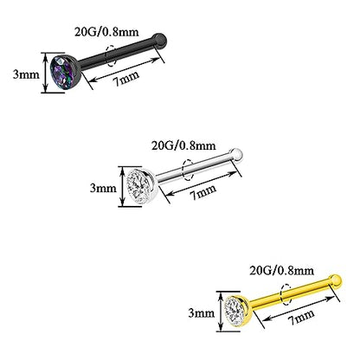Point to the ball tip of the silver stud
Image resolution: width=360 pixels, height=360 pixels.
point(236,154)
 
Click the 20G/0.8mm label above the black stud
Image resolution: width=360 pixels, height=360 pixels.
point(106,31)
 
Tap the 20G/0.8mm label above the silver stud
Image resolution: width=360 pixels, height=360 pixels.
point(183,145)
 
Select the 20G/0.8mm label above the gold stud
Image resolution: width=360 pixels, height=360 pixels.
point(281,270)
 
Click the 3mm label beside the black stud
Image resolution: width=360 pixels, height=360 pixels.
point(26,74)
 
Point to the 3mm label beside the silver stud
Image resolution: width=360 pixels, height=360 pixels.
point(103,188)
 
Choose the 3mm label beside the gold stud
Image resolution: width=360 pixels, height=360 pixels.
point(202,313)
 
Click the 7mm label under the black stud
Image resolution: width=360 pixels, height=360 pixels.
point(125,78)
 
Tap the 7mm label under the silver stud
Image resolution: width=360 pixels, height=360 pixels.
point(202,191)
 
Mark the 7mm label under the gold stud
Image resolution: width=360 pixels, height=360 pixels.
point(301,317)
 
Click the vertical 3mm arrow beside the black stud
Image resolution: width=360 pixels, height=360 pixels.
point(45,73)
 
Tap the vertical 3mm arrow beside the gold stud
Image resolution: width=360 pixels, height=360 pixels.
point(221,312)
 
